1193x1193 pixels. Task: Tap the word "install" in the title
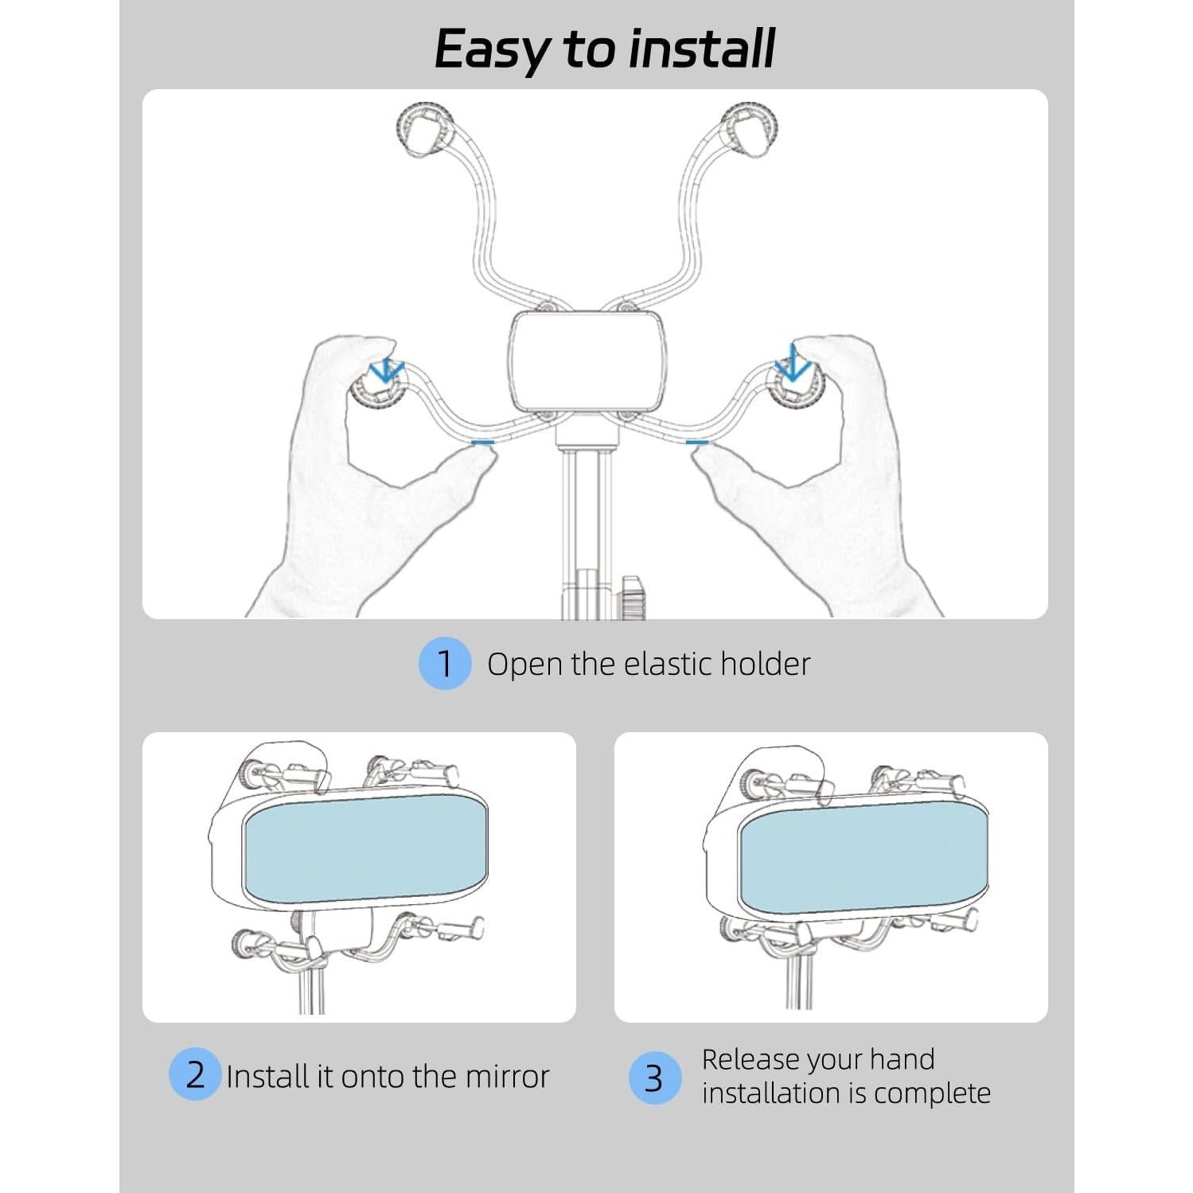(x=700, y=49)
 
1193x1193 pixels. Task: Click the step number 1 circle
(x=445, y=663)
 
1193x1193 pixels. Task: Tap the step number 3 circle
(x=654, y=1078)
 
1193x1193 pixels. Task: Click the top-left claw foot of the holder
(x=427, y=129)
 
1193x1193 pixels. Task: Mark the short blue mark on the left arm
(x=482, y=440)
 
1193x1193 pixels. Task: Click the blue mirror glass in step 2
(x=364, y=849)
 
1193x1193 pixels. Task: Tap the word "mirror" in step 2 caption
(x=507, y=1076)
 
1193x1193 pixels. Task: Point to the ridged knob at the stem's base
(x=633, y=597)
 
